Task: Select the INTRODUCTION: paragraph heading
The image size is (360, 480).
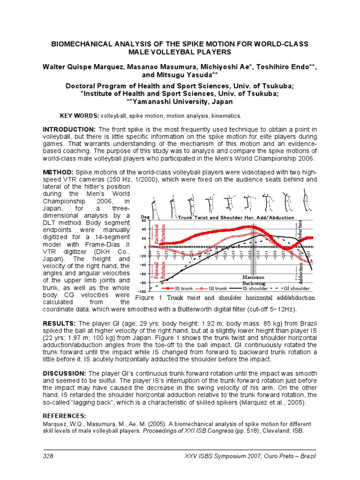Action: (69, 129)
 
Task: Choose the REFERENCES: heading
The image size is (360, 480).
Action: (65, 416)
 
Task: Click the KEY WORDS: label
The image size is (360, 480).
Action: (79, 115)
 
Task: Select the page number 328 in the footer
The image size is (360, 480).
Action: (49, 456)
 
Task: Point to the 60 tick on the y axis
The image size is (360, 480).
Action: (144, 220)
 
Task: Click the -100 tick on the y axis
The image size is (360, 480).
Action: (142, 292)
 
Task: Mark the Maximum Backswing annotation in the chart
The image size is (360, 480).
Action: (254, 280)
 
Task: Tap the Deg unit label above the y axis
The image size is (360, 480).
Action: (145, 216)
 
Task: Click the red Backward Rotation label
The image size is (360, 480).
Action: (160, 232)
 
